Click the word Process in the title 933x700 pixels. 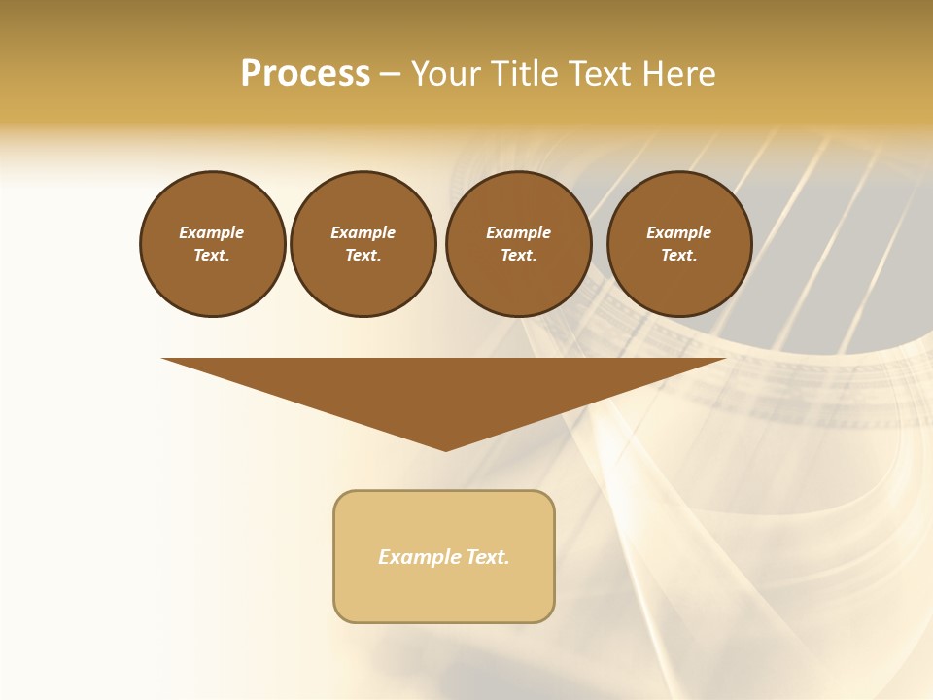coord(305,74)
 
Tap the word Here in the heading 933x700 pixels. coord(677,74)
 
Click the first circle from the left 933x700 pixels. coord(212,243)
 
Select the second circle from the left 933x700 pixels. coord(363,243)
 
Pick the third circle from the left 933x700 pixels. coord(518,243)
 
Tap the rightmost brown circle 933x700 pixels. coord(679,243)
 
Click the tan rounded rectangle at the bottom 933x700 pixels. coord(444,556)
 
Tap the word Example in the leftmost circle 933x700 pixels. coord(212,232)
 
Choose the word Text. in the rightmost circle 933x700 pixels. coord(679,255)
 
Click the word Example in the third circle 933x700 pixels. coord(518,232)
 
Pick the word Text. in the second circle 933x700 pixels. coord(363,255)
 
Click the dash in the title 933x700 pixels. coord(390,74)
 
